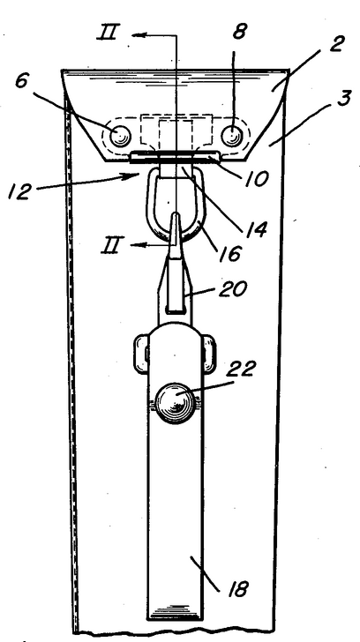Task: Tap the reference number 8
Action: pos(239,32)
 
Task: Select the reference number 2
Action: pos(336,44)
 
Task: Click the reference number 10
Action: pos(256,179)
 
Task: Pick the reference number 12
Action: pos(19,191)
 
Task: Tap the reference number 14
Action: pos(257,229)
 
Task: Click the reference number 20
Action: pos(233,289)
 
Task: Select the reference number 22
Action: pos(241,368)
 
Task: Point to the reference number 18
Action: pos(237,589)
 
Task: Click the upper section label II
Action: pos(108,33)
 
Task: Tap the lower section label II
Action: pos(110,247)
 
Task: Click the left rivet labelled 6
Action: pos(120,136)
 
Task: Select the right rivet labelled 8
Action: pos(232,135)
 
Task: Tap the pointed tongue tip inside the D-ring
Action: pos(176,214)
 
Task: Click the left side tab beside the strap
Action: pos(141,354)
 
